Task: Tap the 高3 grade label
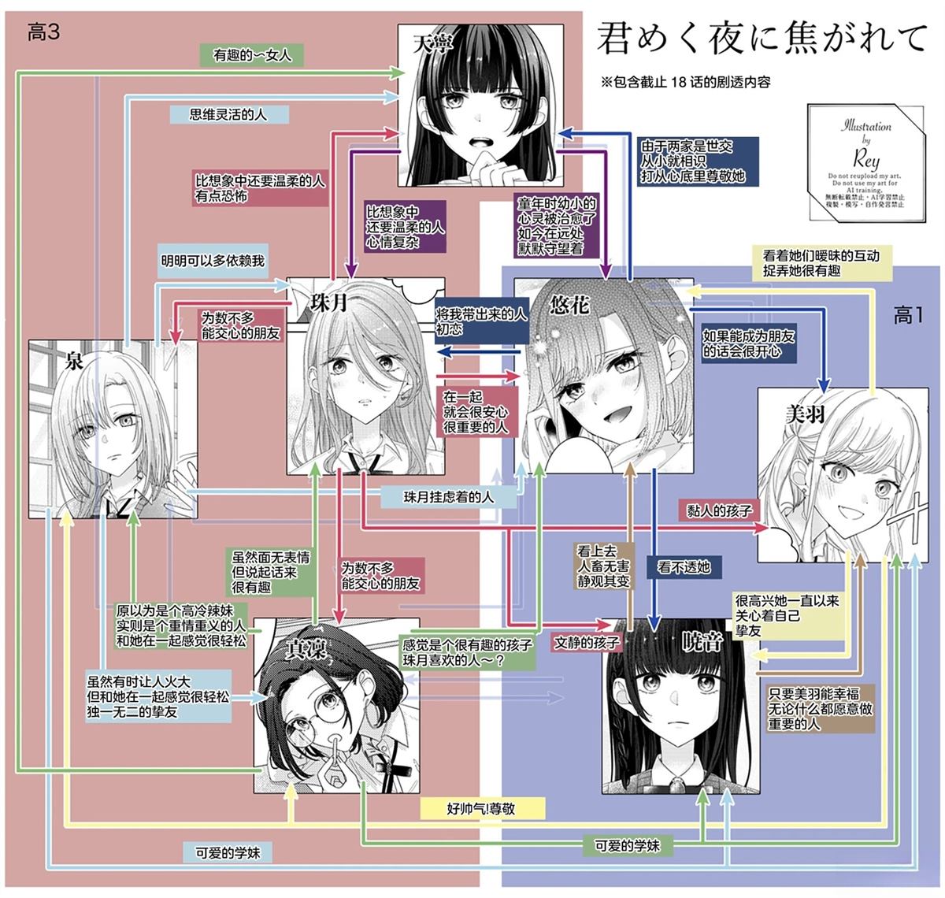click(43, 32)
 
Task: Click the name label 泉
click(75, 361)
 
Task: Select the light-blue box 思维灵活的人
click(228, 114)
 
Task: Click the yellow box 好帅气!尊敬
click(480, 808)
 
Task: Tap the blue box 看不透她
click(683, 566)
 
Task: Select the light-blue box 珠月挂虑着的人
click(449, 497)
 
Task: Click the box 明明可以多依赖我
click(213, 260)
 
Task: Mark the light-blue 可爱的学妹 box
click(228, 852)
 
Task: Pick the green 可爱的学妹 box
click(627, 845)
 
